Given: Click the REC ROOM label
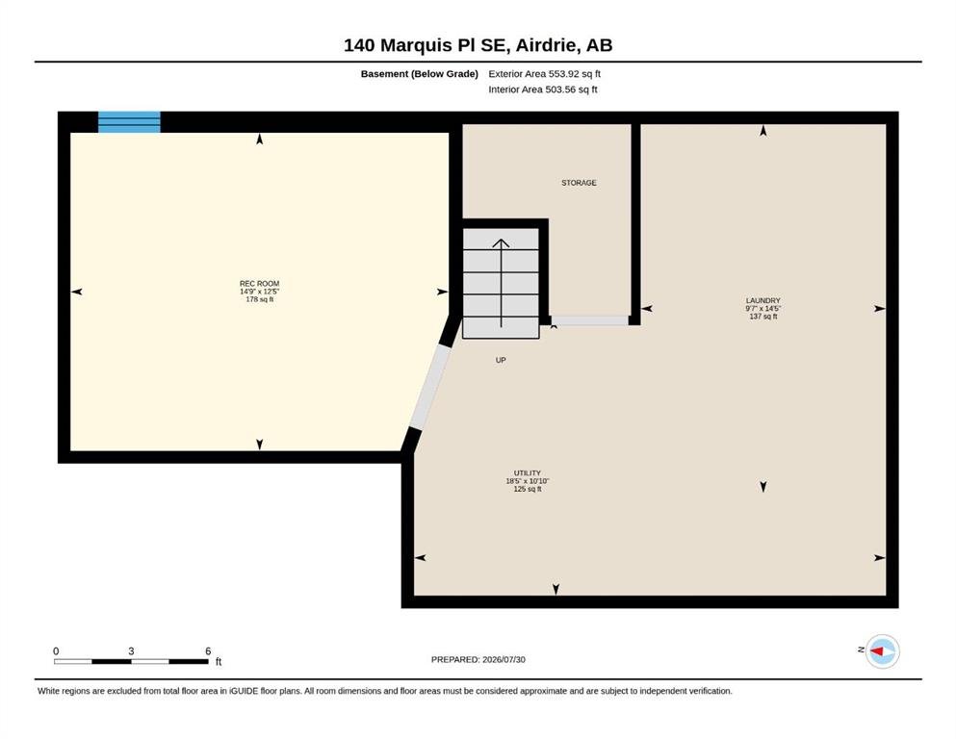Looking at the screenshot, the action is (x=259, y=283).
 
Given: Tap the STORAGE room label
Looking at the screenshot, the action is (x=579, y=183).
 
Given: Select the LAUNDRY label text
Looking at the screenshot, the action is (x=762, y=300).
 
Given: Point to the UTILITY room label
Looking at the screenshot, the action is (x=527, y=472).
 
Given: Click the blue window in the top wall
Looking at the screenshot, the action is (x=129, y=122).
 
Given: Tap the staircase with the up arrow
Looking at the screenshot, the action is (x=501, y=283).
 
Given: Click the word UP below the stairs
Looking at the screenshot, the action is (x=501, y=360).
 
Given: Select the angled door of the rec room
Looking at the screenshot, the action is (x=429, y=388).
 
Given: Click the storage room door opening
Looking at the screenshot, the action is (x=589, y=320).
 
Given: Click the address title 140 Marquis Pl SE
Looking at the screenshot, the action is (x=426, y=45).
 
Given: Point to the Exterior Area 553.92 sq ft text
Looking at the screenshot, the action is (x=545, y=74).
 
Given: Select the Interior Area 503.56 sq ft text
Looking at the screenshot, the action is (x=543, y=89).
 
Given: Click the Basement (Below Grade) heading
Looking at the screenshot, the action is (x=420, y=74).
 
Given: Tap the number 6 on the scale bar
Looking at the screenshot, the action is (x=208, y=651).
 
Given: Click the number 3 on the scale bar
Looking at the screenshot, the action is (x=131, y=651).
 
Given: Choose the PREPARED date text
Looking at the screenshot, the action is (x=478, y=659).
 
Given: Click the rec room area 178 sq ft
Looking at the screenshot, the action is (x=259, y=299).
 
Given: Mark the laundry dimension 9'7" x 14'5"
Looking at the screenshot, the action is (x=762, y=308).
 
